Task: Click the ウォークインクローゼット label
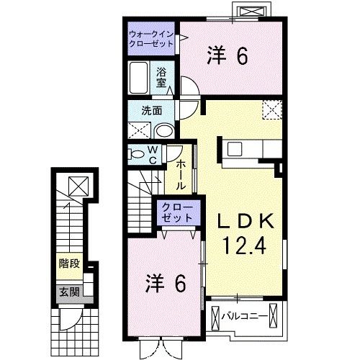pyautogui.click(x=152, y=38)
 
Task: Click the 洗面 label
pyautogui.click(x=150, y=112)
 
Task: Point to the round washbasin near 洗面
pyautogui.click(x=164, y=131)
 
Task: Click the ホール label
pyautogui.click(x=180, y=174)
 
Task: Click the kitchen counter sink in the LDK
pyautogui.click(x=237, y=150)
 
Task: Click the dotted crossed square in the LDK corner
pyautogui.click(x=271, y=109)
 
